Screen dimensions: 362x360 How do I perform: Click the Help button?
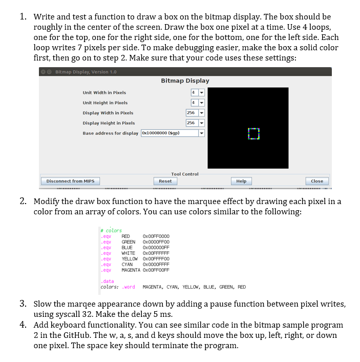[x=241, y=181]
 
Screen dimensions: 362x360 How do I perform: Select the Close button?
[x=317, y=181]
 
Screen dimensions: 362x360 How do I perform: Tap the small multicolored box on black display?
[x=253, y=133]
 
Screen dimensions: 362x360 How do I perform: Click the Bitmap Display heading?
[x=185, y=81]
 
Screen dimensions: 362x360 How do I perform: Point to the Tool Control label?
[x=184, y=174]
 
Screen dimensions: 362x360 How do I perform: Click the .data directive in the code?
[x=108, y=281]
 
